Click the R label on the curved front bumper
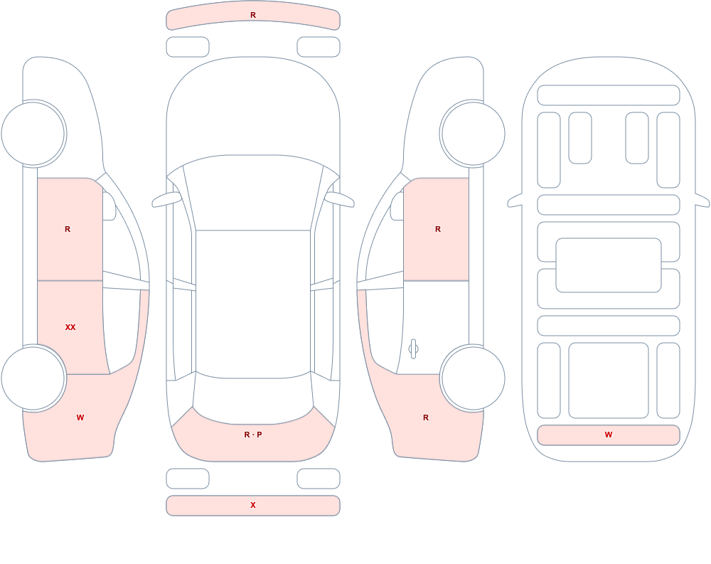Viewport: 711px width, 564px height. (x=253, y=15)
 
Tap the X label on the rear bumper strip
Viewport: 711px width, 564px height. (x=253, y=505)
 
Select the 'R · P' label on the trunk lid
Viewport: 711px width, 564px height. (x=253, y=435)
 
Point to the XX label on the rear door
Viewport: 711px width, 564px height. (x=70, y=327)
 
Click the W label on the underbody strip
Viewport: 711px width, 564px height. (x=609, y=435)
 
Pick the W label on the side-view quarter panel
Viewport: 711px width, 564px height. (x=80, y=417)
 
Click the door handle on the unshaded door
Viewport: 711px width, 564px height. (x=413, y=348)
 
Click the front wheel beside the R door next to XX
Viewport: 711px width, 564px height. (x=33, y=134)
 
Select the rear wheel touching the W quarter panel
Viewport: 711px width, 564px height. (x=33, y=378)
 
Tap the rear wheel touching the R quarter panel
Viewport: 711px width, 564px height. (x=473, y=378)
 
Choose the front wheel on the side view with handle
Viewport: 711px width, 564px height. (x=473, y=134)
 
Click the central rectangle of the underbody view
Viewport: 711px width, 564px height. (x=609, y=265)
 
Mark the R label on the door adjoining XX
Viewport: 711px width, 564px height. (x=68, y=229)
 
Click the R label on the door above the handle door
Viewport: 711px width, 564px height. (x=438, y=229)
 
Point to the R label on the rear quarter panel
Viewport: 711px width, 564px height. (x=426, y=417)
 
